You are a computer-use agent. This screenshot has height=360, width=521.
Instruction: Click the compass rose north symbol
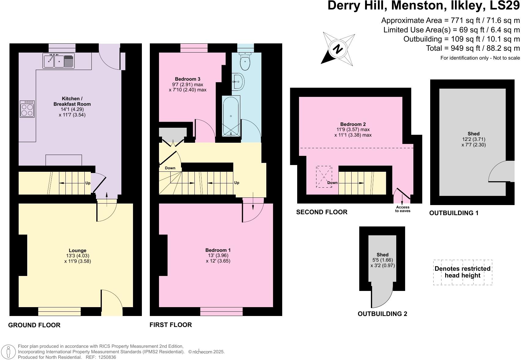coord(338,49)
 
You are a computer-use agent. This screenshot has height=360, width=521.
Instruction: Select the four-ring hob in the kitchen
coord(27,109)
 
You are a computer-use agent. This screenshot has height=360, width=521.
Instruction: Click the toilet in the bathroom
coord(245,61)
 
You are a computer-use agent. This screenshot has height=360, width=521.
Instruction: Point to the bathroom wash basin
coord(238,82)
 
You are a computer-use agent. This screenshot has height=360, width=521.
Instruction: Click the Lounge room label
coord(78,250)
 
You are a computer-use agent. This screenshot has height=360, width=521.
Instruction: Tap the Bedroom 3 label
coord(187,79)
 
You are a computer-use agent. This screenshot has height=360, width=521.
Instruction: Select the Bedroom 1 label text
coord(218,250)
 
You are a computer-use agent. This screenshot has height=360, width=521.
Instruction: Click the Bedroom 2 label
coord(353,124)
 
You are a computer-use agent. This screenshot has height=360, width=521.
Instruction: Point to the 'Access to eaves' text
coord(403,209)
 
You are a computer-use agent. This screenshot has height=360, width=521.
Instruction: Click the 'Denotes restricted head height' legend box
coord(462,272)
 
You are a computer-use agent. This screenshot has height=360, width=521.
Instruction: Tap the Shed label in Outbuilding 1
coord(473,134)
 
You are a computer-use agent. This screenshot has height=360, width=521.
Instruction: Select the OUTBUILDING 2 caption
coord(382,314)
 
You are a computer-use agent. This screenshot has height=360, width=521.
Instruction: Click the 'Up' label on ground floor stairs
coord(88,183)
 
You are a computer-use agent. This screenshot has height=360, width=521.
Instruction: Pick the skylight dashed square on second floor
coord(324,177)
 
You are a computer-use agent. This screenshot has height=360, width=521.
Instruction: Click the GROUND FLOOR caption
coord(34,325)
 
